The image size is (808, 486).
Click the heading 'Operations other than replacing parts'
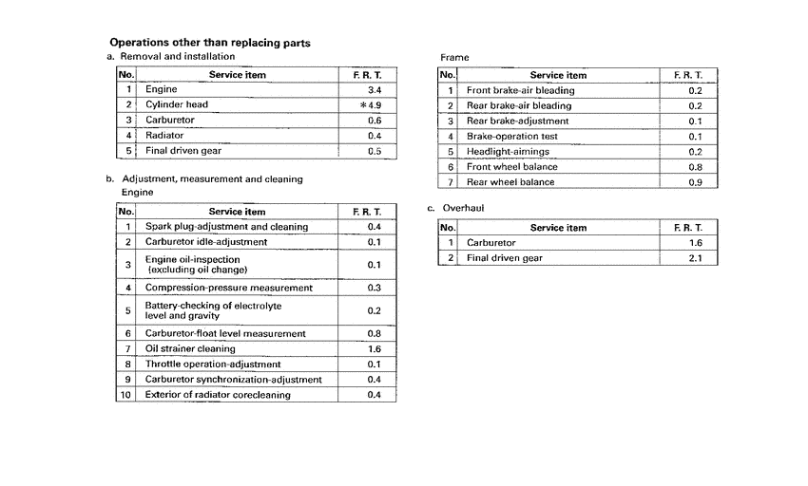(210, 43)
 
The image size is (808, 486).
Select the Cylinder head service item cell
(176, 104)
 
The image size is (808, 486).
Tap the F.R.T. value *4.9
(370, 104)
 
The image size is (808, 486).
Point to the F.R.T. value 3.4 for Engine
(374, 89)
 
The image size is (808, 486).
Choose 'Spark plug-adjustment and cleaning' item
(226, 227)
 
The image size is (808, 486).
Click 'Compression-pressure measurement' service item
(227, 288)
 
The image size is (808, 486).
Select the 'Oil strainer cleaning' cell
(190, 348)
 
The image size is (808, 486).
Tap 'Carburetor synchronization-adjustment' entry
(233, 379)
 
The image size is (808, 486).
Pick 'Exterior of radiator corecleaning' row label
(218, 394)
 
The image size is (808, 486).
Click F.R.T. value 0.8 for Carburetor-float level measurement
(374, 333)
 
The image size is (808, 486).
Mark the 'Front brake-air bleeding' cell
(520, 90)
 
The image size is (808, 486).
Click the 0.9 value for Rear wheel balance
(695, 181)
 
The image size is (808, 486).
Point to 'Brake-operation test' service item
(511, 136)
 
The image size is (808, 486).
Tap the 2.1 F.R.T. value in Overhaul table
(695, 257)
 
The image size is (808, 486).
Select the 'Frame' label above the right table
(455, 57)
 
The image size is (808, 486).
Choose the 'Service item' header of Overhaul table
(558, 228)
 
